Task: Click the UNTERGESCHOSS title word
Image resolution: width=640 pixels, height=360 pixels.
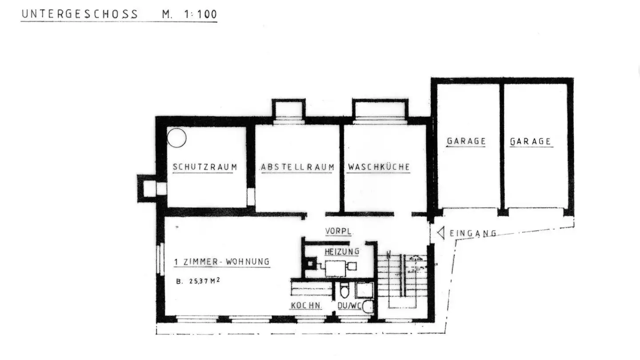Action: pyautogui.click(x=80, y=14)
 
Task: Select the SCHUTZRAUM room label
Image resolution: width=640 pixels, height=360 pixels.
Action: pyautogui.click(x=204, y=168)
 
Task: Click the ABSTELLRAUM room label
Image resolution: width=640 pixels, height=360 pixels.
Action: pyautogui.click(x=297, y=168)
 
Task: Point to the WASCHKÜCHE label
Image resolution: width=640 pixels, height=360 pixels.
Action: pyautogui.click(x=379, y=168)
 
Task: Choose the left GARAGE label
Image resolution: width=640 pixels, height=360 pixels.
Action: pyautogui.click(x=466, y=141)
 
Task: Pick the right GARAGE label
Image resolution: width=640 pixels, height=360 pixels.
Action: pyautogui.click(x=531, y=142)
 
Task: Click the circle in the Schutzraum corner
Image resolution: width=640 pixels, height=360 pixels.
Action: pyautogui.click(x=176, y=137)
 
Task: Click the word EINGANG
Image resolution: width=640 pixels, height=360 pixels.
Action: pyautogui.click(x=472, y=233)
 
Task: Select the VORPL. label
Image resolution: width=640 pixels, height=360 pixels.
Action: pyautogui.click(x=339, y=232)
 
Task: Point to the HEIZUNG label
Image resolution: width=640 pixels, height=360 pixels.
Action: pyautogui.click(x=341, y=252)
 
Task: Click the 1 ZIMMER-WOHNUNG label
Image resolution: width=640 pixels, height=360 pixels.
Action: pyautogui.click(x=221, y=262)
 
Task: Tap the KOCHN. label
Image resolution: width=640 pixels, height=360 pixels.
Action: pyautogui.click(x=306, y=306)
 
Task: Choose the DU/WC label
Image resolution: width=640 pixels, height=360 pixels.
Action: pyautogui.click(x=349, y=306)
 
